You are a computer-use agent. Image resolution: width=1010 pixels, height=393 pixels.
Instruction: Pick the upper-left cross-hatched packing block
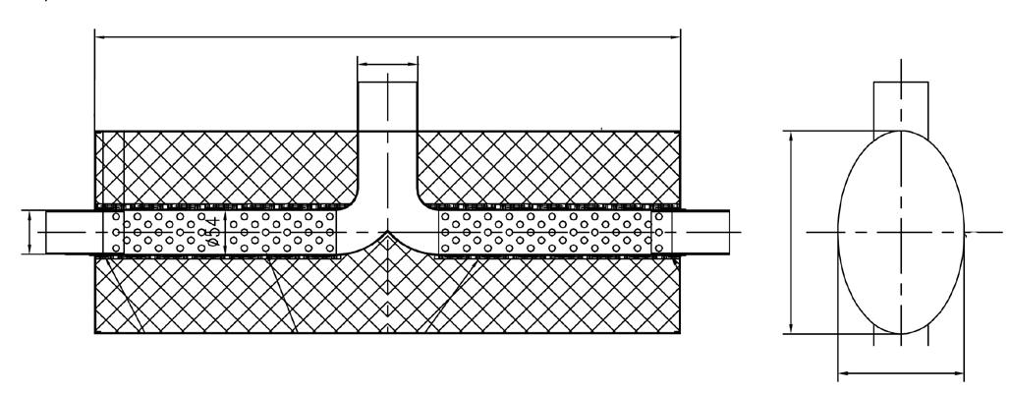[x=226, y=167]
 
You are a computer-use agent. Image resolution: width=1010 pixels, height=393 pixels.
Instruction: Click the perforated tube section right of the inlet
[x=550, y=232]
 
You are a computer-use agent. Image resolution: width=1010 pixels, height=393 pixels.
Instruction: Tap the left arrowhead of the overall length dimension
[x=98, y=37]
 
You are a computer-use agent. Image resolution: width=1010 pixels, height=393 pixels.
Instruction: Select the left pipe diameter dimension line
[x=30, y=232]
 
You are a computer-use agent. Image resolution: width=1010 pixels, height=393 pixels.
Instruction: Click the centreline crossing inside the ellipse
[x=900, y=232]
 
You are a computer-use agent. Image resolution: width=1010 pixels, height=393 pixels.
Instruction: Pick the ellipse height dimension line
[x=791, y=232]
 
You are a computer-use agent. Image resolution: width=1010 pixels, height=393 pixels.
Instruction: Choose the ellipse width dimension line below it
[x=899, y=372]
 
